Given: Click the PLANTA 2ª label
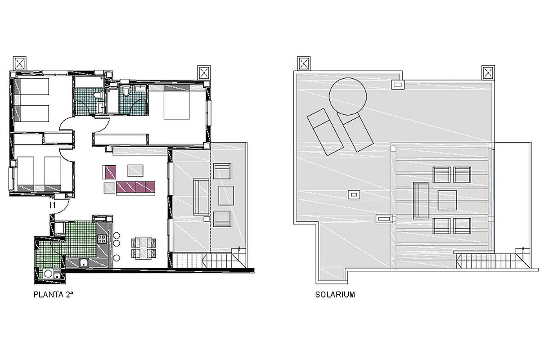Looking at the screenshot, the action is [53, 295].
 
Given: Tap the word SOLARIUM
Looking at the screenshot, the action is [335, 295].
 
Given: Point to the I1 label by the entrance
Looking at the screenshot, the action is [53, 206].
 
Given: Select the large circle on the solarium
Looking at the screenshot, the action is [348, 96].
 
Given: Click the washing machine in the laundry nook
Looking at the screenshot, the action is [49, 274].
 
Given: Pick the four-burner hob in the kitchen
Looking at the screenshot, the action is [102, 239].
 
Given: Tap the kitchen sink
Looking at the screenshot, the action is [84, 263].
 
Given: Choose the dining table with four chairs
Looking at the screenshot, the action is [144, 248].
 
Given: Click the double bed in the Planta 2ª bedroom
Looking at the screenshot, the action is [176, 102].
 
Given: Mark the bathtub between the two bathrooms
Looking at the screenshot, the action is [112, 101].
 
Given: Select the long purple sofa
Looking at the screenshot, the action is [135, 187].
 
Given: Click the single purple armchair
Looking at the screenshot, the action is [109, 172].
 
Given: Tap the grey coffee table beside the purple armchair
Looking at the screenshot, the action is [135, 171].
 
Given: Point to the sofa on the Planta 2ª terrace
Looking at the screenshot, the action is [201, 197].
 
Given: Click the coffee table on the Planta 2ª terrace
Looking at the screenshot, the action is [226, 196].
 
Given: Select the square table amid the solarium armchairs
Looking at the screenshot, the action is [447, 200].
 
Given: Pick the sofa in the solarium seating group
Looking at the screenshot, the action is [421, 200].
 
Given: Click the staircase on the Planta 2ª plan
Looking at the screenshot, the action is [209, 261].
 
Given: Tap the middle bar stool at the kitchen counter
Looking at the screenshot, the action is [117, 243].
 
